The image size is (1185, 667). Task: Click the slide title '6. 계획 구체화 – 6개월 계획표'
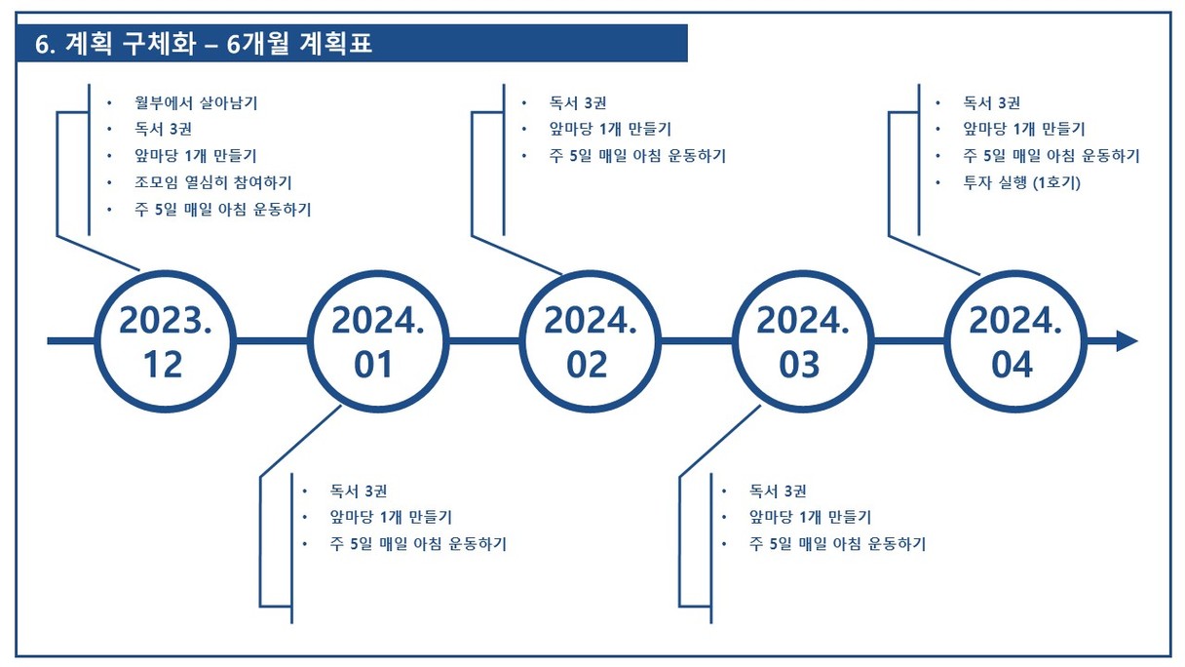pos(204,44)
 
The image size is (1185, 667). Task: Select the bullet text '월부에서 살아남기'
pos(196,102)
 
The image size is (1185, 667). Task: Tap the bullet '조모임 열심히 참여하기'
pos(213,182)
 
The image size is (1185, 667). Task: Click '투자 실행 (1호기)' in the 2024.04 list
pos(1021,182)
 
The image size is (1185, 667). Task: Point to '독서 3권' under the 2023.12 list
pos(163,129)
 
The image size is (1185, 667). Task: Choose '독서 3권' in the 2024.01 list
pos(359,490)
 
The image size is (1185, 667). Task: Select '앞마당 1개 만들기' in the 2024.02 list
pos(610,129)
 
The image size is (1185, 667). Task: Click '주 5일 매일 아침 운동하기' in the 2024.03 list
pos(837,544)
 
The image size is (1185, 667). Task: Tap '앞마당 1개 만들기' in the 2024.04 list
pos(1023,129)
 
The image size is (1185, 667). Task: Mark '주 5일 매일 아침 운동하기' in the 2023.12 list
pos(223,210)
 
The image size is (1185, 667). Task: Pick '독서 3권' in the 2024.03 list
pos(778,490)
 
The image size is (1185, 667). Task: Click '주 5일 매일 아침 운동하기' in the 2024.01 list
pos(418,544)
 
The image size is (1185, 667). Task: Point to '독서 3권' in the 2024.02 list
pos(578,102)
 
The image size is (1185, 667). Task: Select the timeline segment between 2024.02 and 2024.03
pos(697,341)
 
